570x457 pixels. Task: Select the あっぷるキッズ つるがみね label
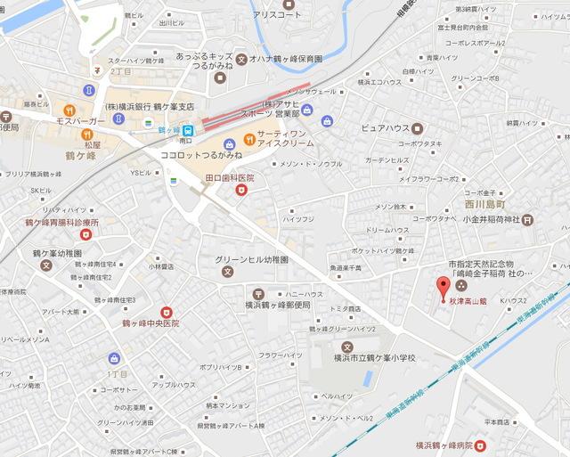[x=205, y=59]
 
